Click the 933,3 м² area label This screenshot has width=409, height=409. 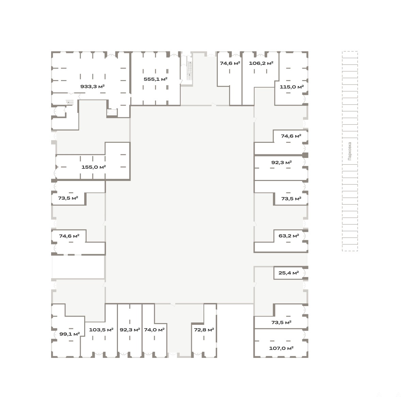coord(92,87)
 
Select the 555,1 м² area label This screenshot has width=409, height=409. coord(155,79)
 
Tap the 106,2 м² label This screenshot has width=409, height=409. coord(261,63)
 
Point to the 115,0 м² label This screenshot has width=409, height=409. coord(292,87)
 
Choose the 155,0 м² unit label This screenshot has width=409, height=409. coord(94,167)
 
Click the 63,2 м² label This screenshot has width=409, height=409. coord(289,236)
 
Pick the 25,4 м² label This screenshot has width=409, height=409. coord(289,273)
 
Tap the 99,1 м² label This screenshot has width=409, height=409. coord(70,334)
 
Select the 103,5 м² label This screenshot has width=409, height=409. coord(101,330)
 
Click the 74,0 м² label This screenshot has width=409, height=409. coord(154,330)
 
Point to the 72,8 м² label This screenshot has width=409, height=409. coord(204,330)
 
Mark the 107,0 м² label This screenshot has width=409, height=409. coord(281,348)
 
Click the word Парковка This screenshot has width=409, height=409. coord(350,151)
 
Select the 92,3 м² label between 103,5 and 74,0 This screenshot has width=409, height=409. coord(130,330)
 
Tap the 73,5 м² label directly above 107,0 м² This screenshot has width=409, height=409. coord(281,323)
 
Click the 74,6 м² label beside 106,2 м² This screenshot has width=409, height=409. coord(230,63)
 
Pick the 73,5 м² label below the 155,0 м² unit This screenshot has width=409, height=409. coord(68,198)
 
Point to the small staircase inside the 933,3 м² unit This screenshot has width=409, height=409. coord(70,103)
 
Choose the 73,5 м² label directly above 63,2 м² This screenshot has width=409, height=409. coord(291,199)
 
